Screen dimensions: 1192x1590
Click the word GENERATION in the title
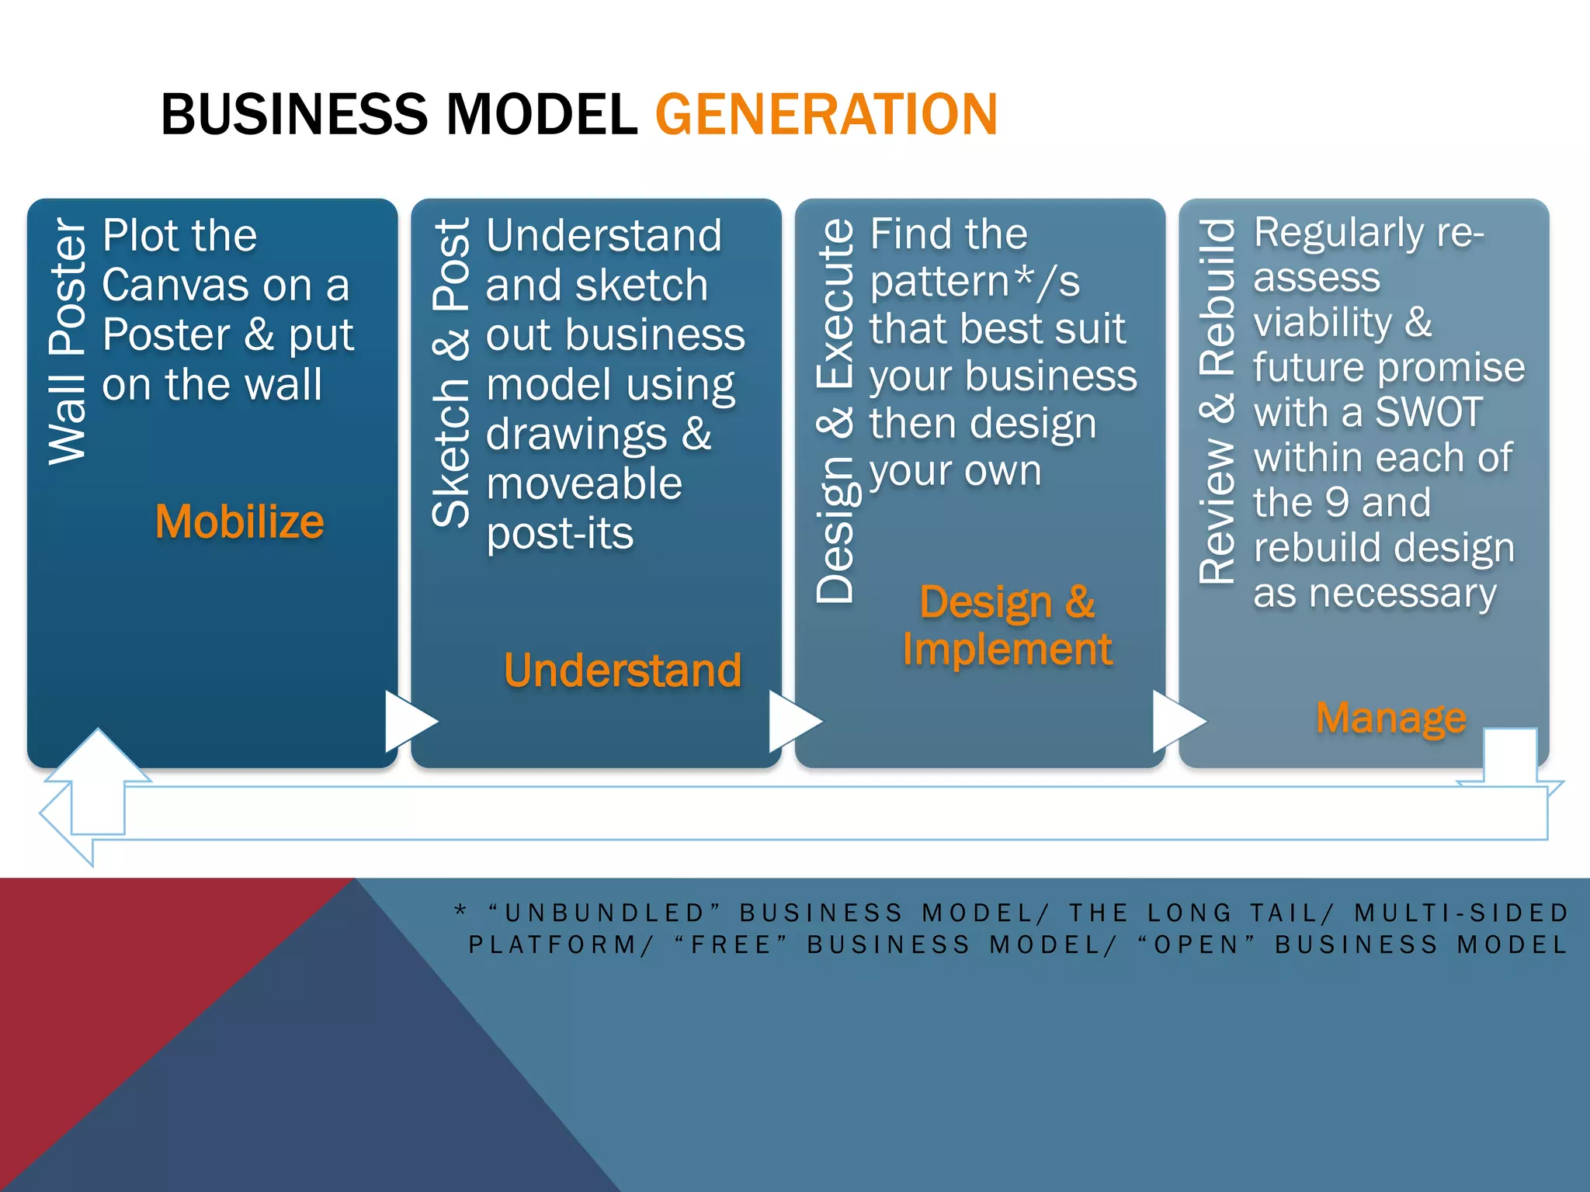[x=826, y=115]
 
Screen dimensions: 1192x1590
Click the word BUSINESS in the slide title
[x=293, y=115]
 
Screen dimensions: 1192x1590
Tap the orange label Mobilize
[x=239, y=521]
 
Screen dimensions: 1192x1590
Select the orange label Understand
[x=623, y=670]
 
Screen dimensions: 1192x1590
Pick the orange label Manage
[x=1391, y=718]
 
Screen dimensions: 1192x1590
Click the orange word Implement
[x=1007, y=650]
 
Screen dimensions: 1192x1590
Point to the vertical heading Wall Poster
[x=67, y=341]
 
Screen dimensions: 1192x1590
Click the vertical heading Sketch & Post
[x=451, y=372]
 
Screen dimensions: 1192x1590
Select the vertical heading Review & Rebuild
[x=1217, y=400]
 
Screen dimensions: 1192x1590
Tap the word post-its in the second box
[x=560, y=534]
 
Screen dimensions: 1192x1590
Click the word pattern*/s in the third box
[x=974, y=281]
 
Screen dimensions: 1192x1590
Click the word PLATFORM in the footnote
[x=554, y=944]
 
